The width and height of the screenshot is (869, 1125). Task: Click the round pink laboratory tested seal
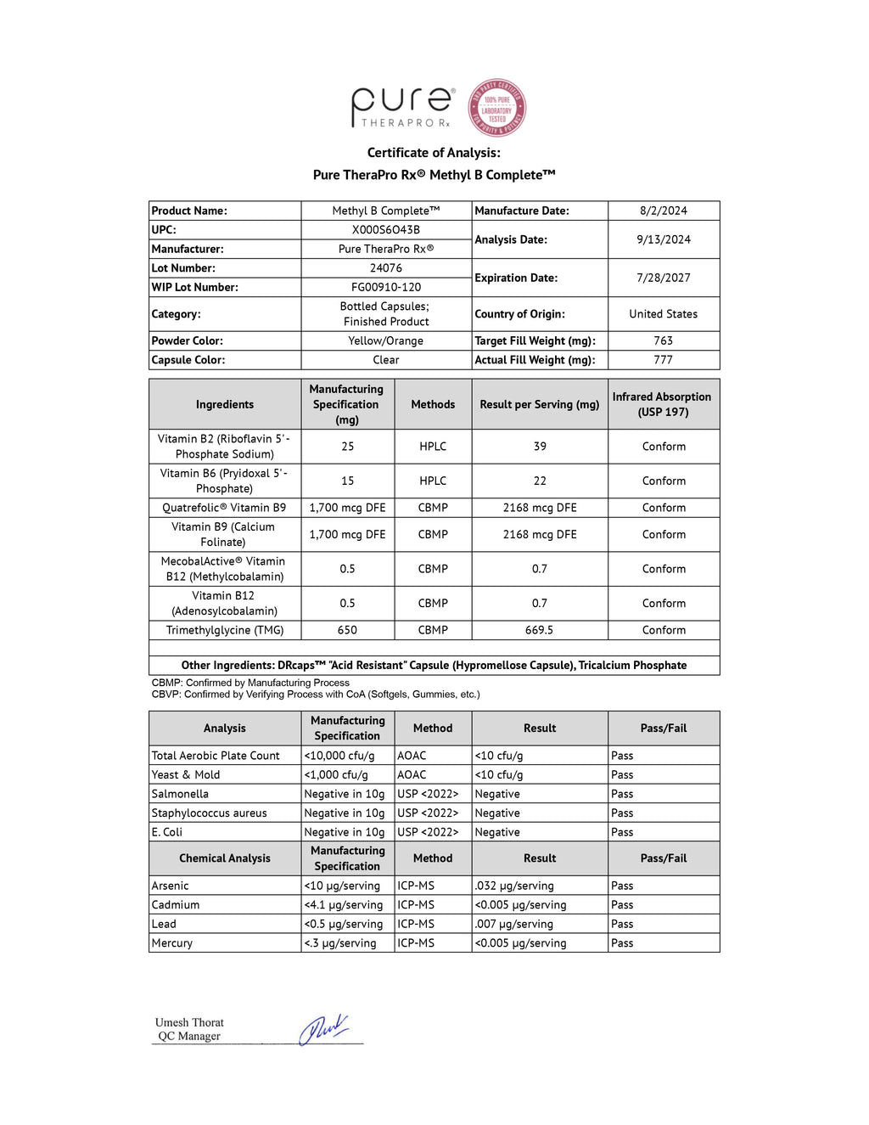pyautogui.click(x=497, y=108)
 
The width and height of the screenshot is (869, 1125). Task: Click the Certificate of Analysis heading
pyautogui.click(x=434, y=153)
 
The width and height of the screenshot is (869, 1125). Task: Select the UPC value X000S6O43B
pyautogui.click(x=386, y=230)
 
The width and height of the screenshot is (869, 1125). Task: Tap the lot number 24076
pyautogui.click(x=386, y=268)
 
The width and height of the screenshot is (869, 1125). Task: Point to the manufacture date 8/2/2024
pyautogui.click(x=664, y=211)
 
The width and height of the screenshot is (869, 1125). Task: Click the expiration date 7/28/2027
pyautogui.click(x=664, y=278)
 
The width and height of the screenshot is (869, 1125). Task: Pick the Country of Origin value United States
pyautogui.click(x=664, y=314)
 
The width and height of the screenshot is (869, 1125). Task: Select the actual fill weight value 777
pyautogui.click(x=664, y=360)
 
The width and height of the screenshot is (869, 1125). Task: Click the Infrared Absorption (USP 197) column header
pyautogui.click(x=662, y=404)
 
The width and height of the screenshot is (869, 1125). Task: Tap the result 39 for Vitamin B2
pyautogui.click(x=540, y=447)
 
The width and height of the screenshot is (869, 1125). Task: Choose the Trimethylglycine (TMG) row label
pyautogui.click(x=225, y=630)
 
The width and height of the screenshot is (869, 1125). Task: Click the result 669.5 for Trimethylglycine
pyautogui.click(x=540, y=630)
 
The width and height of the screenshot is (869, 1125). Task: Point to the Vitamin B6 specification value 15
pyautogui.click(x=347, y=481)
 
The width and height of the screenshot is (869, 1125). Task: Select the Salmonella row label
pyautogui.click(x=180, y=794)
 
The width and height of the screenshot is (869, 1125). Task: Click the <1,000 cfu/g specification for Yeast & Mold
pyautogui.click(x=336, y=774)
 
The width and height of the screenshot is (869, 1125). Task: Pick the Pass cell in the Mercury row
pyautogui.click(x=622, y=943)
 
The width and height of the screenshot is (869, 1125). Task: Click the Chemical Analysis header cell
pyautogui.click(x=225, y=858)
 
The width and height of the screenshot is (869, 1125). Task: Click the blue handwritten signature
pyautogui.click(x=323, y=1029)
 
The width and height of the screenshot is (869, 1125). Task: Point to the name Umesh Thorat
pyautogui.click(x=189, y=1022)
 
